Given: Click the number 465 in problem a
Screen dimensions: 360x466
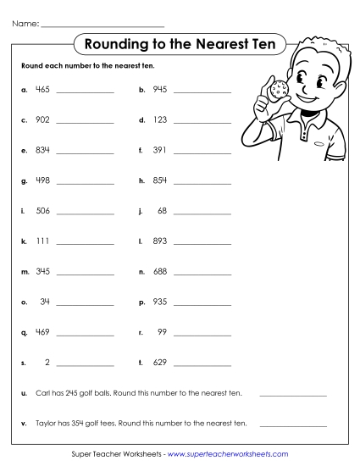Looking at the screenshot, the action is tap(42, 89).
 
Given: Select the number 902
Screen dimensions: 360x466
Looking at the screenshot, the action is tap(42, 119).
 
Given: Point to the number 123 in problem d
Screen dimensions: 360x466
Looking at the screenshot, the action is tap(160, 119).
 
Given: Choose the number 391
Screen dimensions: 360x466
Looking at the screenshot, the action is tap(160, 150).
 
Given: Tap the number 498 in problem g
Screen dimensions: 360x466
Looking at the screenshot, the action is tap(42, 180).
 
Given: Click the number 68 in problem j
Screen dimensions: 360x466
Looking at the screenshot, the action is tap(162, 211).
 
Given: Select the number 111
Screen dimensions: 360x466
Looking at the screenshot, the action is tap(42, 241).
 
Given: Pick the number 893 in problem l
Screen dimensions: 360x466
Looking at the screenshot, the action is tap(160, 241).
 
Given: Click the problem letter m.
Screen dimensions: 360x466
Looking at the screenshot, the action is tap(24, 272).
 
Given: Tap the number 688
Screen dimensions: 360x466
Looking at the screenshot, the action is tap(160, 272).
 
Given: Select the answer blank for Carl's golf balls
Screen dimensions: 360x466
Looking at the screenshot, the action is tap(292, 396).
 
